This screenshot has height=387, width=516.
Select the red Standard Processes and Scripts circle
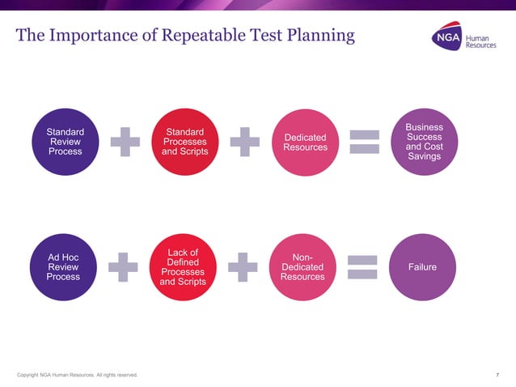[x=185, y=142]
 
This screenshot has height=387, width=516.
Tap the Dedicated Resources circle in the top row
[x=306, y=142]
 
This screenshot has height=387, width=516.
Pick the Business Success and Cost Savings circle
[x=424, y=142]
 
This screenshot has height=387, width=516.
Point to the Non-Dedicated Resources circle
[x=302, y=266]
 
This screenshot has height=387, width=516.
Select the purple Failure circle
[x=424, y=266]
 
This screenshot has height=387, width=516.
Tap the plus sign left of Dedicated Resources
[x=244, y=142]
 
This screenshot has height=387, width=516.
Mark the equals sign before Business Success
[x=364, y=142]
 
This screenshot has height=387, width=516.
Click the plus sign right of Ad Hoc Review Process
[x=123, y=266]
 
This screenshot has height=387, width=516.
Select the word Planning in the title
[x=323, y=36]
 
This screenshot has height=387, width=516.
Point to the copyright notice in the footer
[x=77, y=375]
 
